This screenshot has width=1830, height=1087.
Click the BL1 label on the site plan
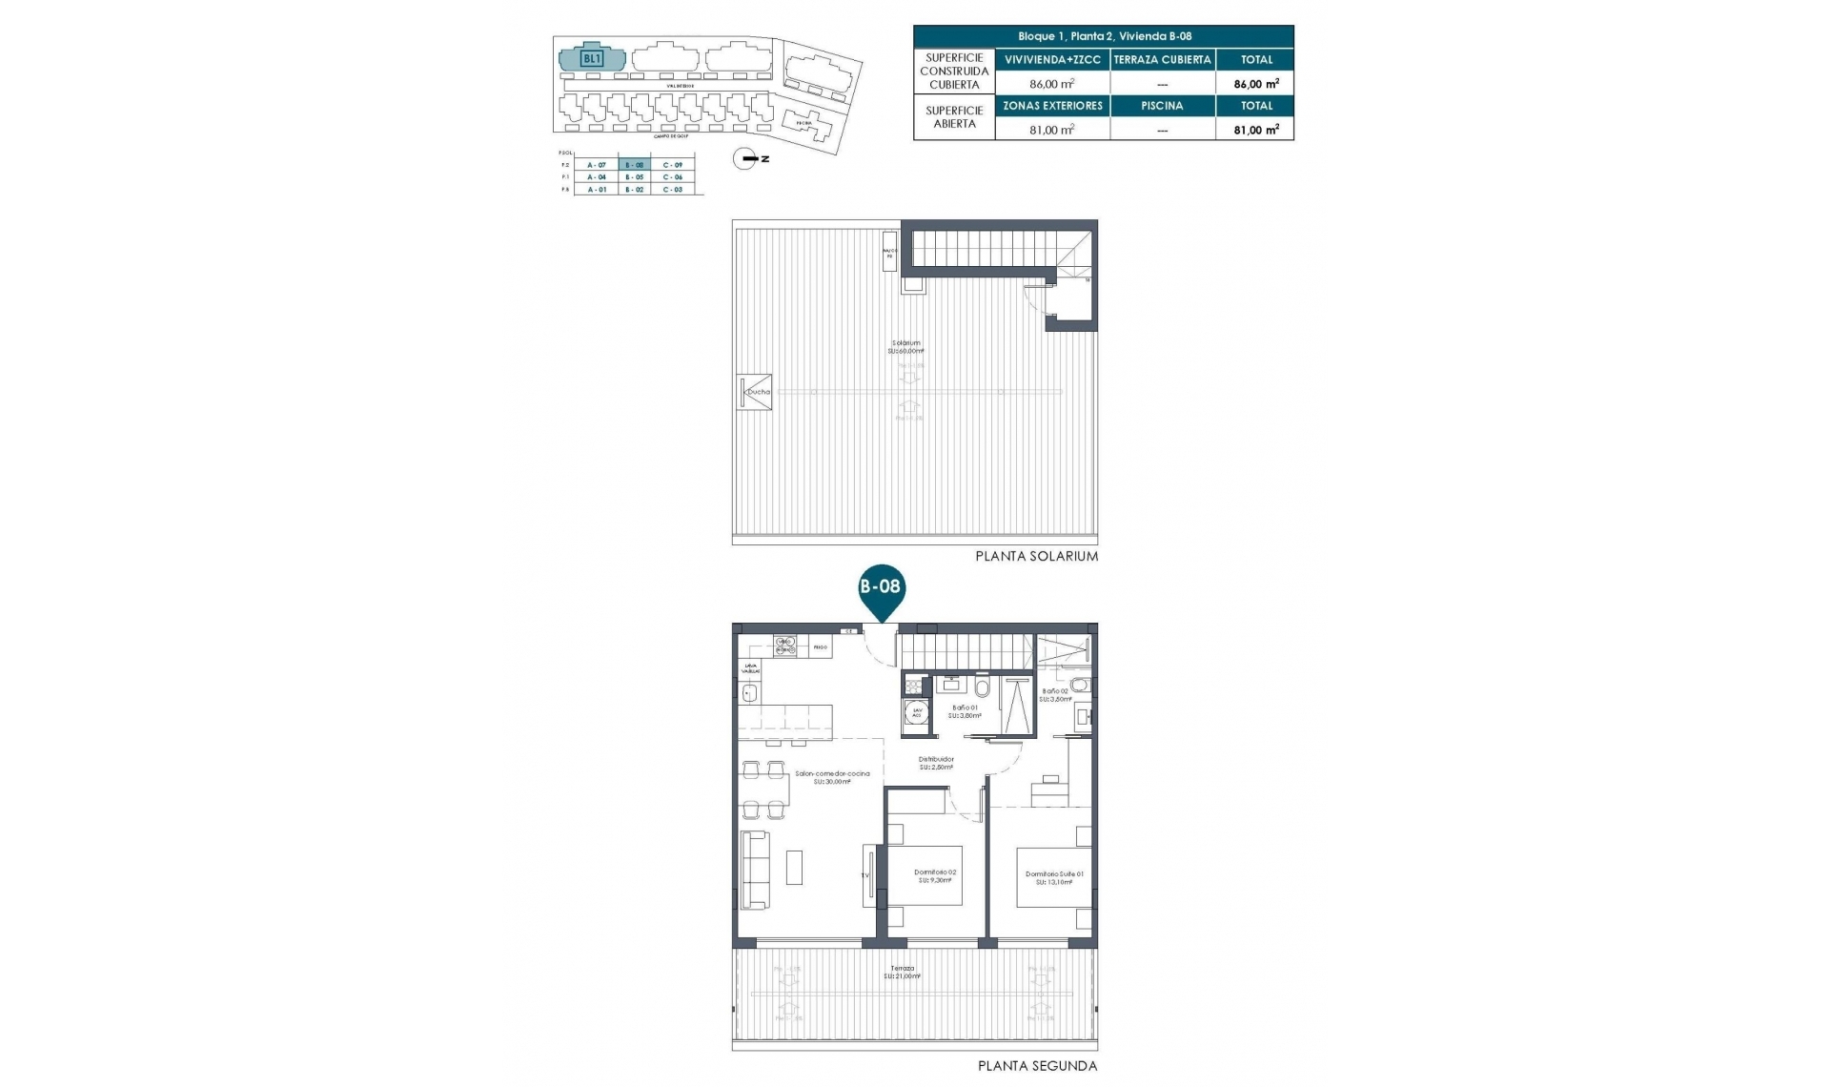[x=591, y=58]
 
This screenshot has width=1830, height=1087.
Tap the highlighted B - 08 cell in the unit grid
[x=634, y=165]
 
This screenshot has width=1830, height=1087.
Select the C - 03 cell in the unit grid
[x=673, y=190]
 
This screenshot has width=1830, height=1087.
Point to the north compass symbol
[x=745, y=159]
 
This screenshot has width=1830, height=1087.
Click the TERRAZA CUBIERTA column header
[x=1162, y=59]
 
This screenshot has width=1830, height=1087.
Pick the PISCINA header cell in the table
[x=1162, y=106]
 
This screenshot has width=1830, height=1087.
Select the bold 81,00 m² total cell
[x=1255, y=130]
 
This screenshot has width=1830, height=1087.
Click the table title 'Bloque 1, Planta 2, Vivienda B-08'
[x=1104, y=36]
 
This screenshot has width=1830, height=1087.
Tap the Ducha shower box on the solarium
[x=756, y=392]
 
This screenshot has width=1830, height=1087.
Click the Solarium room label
[x=906, y=343]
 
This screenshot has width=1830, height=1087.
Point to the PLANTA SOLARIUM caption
[x=1036, y=556]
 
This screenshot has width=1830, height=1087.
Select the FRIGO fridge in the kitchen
[x=820, y=647]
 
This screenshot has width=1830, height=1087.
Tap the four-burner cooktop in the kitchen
[x=785, y=646]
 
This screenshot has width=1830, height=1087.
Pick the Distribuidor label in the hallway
[x=937, y=760]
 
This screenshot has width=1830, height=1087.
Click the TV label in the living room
[x=865, y=874]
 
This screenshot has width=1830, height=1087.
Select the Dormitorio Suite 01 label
[x=1053, y=874]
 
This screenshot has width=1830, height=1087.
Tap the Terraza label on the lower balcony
[x=901, y=969]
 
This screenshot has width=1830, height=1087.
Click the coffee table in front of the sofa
[x=794, y=867]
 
